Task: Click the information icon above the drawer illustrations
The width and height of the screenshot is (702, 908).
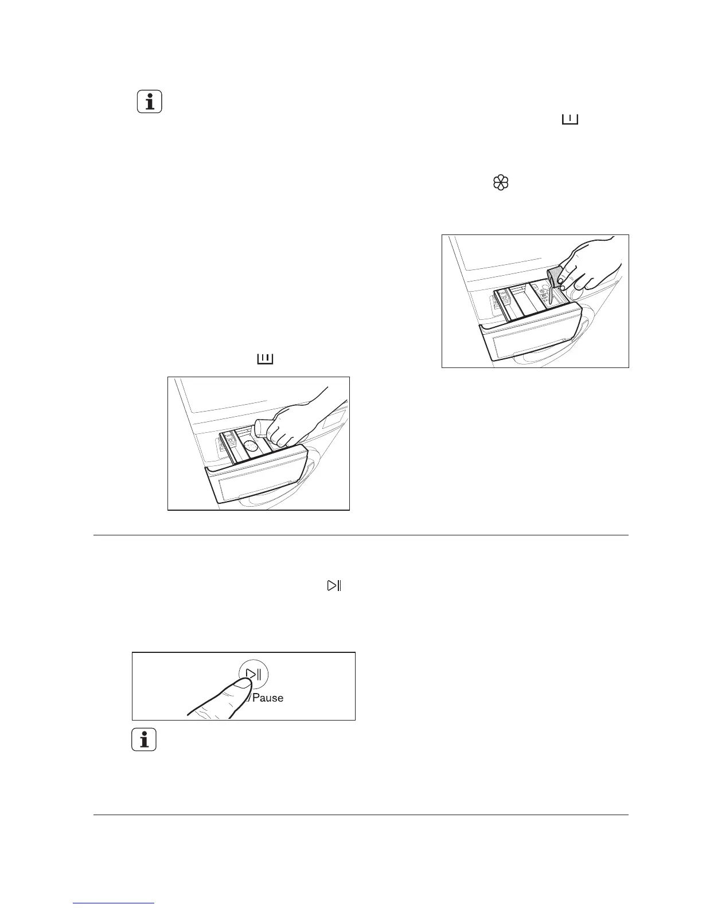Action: click(150, 102)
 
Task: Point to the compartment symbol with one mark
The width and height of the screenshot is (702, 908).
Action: click(570, 119)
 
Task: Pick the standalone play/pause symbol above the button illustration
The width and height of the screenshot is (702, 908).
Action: click(334, 586)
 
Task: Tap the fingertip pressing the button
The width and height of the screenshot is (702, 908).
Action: click(243, 682)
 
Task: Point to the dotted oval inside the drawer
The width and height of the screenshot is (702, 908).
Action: click(249, 447)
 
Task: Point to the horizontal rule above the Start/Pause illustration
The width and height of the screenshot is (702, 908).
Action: click(361, 535)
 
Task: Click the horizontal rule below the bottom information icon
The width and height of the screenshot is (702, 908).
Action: click(361, 815)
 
